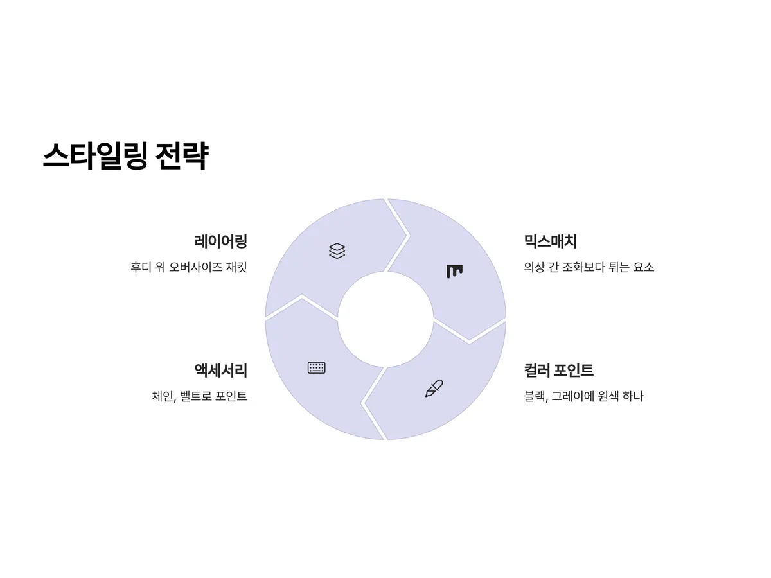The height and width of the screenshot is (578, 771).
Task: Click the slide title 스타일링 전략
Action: pos(126,156)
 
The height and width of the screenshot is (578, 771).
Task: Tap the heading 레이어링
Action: pos(221,241)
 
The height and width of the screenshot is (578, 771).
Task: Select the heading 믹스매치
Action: pos(550,241)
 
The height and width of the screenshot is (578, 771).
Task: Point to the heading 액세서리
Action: pos(221,370)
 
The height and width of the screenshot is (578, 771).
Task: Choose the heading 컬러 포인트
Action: pos(558,370)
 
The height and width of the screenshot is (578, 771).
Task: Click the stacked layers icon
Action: pos(337,250)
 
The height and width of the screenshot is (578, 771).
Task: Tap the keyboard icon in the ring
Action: pos(316,368)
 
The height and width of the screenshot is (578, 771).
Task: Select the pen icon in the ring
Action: pos(434,388)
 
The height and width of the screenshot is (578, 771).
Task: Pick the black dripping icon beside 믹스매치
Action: pos(454,271)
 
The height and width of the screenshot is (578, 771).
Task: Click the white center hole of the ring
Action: pos(385,319)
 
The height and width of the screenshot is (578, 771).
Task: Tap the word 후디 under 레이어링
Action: pos(140,267)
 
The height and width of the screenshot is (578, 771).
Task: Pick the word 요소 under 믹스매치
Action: pos(644,267)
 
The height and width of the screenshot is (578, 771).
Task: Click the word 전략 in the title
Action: pos(182,156)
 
